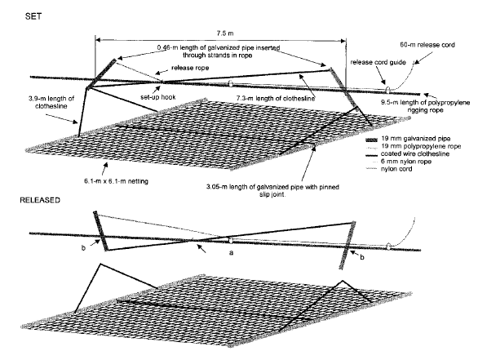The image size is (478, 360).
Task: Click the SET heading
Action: coord(33,16)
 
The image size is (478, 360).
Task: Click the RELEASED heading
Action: coord(40,200)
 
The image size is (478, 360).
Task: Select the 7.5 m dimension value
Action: coord(225,33)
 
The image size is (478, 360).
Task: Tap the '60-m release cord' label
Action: coord(427,45)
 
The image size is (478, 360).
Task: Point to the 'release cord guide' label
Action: coord(378,62)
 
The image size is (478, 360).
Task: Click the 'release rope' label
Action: coord(190,68)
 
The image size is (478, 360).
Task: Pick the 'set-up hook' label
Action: coord(158,97)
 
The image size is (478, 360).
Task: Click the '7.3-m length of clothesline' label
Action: coord(276,99)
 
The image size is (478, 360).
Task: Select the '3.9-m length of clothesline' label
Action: coord(51,102)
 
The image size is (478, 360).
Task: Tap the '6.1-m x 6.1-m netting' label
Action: coord(116,181)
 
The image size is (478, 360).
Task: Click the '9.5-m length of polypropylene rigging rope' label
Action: coord(425,106)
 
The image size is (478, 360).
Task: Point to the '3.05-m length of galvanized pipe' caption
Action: coord(272,190)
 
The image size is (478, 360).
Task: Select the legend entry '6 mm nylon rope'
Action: coord(406,162)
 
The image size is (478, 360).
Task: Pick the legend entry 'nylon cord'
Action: coord(396,169)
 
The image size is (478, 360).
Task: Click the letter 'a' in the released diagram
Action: coord(232,252)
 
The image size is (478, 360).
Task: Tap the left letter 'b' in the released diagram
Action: coord(83,247)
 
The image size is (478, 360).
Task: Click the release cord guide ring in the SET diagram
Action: coord(387,90)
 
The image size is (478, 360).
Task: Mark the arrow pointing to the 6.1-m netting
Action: coord(104,168)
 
